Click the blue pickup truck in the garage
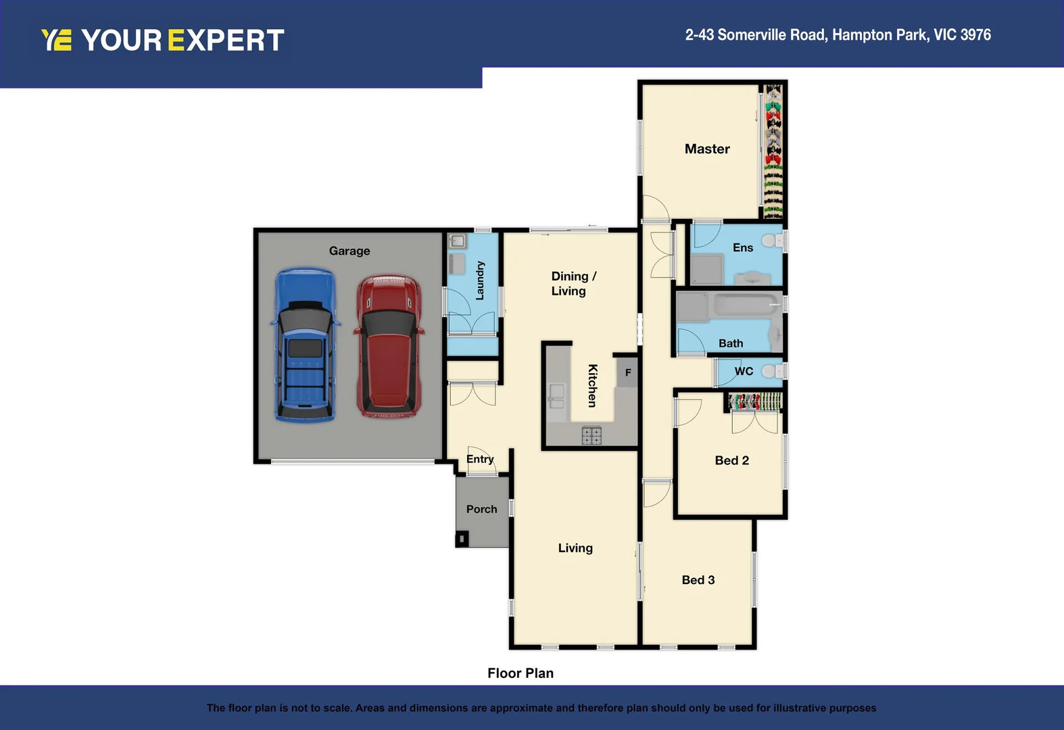[x=306, y=345]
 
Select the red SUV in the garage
[x=389, y=345]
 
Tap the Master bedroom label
[x=707, y=149]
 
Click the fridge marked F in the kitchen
[x=628, y=372]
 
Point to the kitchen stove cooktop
[x=591, y=436]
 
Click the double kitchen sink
[x=556, y=397]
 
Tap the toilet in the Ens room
[x=770, y=241]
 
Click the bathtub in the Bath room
[x=744, y=305]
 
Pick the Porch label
[x=481, y=509]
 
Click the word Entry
[x=480, y=459]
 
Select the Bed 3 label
[x=698, y=580]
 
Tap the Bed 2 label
[x=731, y=460]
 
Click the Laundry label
[x=480, y=281]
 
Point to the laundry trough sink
[x=458, y=241]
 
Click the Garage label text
[x=349, y=251]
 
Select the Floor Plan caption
[x=520, y=673]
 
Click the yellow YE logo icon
[x=56, y=40]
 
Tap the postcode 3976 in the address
[x=975, y=35]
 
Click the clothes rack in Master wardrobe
[x=773, y=150]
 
